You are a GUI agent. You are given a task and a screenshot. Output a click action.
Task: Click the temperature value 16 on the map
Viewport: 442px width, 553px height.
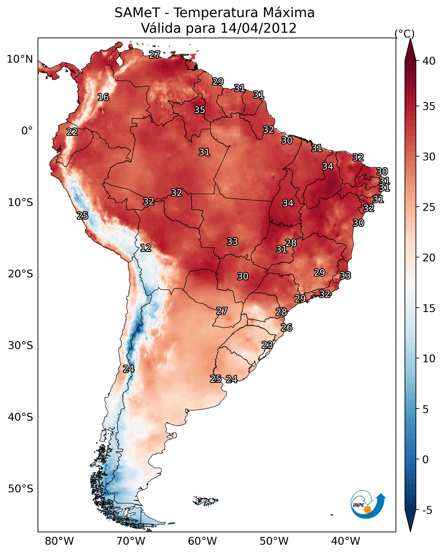(103, 97)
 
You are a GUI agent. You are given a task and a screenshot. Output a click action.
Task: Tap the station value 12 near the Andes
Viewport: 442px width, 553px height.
(146, 248)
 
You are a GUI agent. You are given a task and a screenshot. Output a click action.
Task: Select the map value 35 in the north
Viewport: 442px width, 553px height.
(200, 110)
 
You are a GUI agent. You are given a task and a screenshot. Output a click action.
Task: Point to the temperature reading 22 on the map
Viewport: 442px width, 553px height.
(72, 132)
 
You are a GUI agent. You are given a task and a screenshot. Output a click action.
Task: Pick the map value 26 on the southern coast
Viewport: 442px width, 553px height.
(287, 328)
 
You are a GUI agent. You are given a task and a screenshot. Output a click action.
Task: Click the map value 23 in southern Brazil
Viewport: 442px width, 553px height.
(267, 345)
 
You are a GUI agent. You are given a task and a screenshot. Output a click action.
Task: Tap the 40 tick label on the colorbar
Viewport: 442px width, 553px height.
(429, 61)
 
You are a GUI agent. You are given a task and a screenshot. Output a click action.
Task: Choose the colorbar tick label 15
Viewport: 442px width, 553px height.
(429, 308)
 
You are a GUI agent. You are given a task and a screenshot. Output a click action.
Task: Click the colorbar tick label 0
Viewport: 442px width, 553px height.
(426, 460)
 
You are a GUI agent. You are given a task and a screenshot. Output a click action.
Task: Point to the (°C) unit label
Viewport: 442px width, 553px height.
(405, 34)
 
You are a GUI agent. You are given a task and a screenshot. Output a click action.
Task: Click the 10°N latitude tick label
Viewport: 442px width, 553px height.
(20, 59)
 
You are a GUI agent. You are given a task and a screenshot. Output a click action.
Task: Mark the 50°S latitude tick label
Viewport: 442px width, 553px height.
(21, 489)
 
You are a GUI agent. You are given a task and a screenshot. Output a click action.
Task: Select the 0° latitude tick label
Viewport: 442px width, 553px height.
(27, 131)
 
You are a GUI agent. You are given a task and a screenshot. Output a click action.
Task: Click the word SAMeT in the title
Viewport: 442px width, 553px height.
(137, 13)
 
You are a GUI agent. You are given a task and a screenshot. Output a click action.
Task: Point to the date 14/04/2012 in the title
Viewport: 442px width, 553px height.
(258, 28)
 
